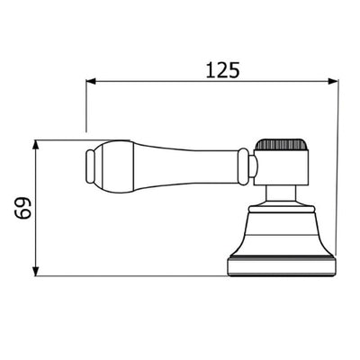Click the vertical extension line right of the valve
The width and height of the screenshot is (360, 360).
337,180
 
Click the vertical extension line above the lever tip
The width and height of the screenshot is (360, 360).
85,108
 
